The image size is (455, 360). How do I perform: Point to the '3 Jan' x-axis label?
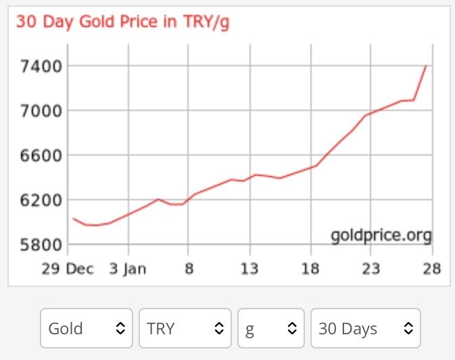(x=127, y=269)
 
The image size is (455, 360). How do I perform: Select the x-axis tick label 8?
(x=189, y=269)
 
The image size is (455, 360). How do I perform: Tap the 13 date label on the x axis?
(x=249, y=269)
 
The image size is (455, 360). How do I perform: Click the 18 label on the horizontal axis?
(x=310, y=269)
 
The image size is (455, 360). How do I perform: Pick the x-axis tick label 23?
(x=371, y=269)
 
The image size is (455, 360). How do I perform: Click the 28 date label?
(x=432, y=269)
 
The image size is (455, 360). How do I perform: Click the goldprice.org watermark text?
(x=381, y=235)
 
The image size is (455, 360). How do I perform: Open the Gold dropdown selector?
(x=86, y=329)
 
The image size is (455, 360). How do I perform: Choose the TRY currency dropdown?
(x=185, y=329)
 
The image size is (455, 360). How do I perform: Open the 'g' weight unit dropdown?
(x=270, y=329)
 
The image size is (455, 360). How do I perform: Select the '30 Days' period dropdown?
(x=365, y=329)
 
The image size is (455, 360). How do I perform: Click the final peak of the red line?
(x=426, y=66)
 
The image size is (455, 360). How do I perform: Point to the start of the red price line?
(x=73, y=218)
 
